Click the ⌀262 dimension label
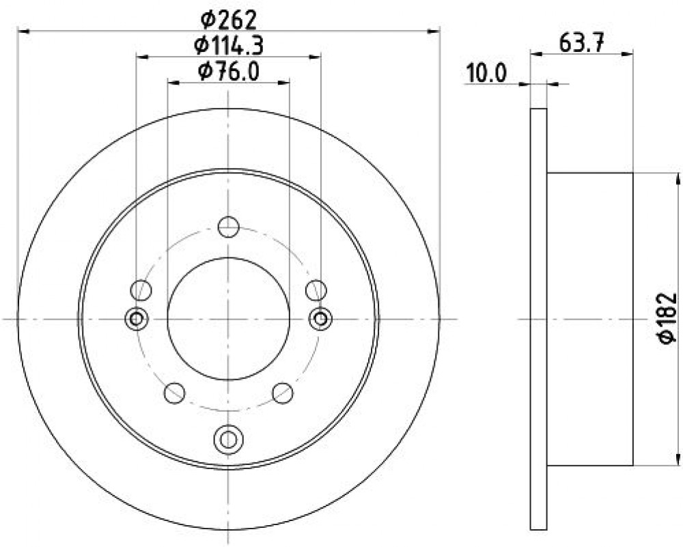(x=228, y=20)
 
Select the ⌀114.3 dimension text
(x=228, y=45)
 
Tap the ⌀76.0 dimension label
(x=228, y=71)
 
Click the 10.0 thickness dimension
(x=486, y=73)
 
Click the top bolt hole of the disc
(x=228, y=227)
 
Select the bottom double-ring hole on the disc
(x=228, y=439)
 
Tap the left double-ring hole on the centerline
(x=137, y=319)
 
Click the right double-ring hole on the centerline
(x=320, y=319)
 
